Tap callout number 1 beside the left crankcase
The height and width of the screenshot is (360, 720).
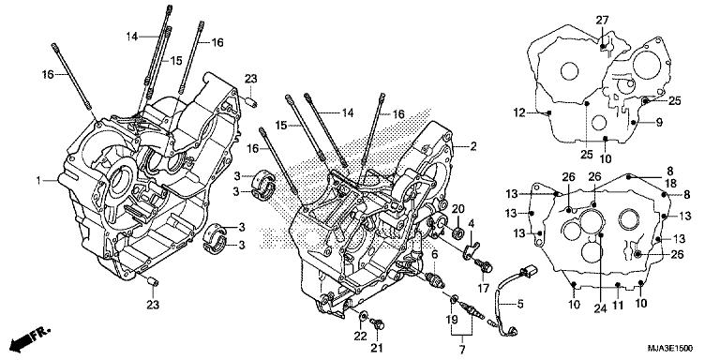(38, 179)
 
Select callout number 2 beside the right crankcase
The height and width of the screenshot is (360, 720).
(473, 146)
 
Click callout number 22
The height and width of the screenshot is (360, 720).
(361, 336)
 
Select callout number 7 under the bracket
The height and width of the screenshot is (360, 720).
(462, 349)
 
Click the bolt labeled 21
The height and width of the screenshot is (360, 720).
(378, 324)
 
